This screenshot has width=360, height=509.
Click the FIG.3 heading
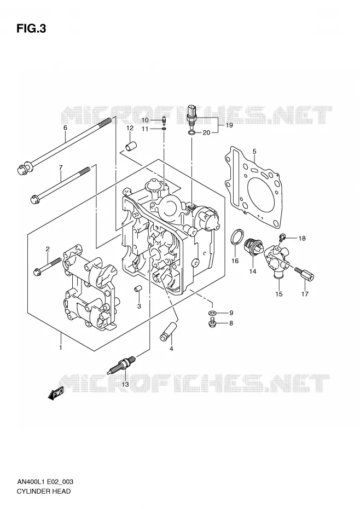tap(31, 29)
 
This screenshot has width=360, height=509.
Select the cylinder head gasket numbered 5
tap(253, 187)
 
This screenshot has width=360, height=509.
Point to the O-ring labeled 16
tap(237, 236)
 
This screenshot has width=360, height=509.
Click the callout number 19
tap(229, 125)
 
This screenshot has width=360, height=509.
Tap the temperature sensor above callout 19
tap(193, 114)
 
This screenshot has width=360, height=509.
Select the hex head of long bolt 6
tap(24, 168)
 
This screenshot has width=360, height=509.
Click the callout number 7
tap(61, 167)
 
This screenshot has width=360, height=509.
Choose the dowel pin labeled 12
tap(131, 146)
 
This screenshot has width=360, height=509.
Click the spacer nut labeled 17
tap(304, 273)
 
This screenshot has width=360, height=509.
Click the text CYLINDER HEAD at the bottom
tap(43, 491)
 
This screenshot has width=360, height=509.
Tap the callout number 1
tap(60, 348)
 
